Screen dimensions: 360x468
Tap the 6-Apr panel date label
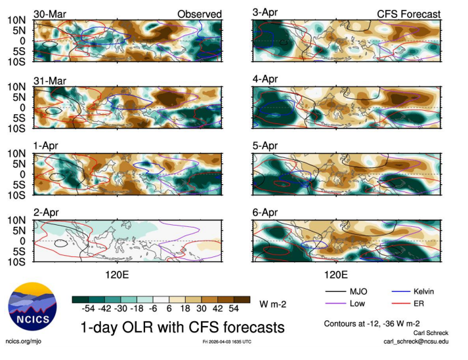265,212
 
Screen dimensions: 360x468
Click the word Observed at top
200,14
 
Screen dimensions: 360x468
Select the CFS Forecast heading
408,14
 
